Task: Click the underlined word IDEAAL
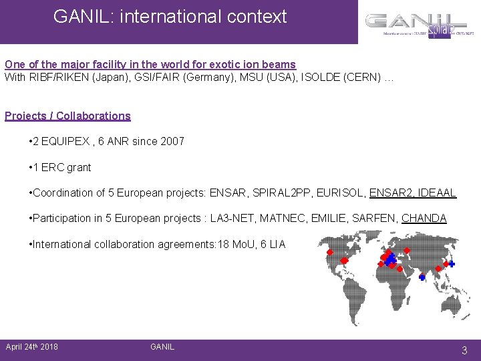[x=434, y=193]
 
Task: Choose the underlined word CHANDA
[x=424, y=219]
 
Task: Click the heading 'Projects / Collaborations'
[x=67, y=116]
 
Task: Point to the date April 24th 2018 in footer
[x=31, y=346]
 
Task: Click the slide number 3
[x=464, y=350]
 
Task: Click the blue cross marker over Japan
[x=452, y=264]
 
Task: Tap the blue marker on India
[x=422, y=277]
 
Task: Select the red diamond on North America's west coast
[x=329, y=253]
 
